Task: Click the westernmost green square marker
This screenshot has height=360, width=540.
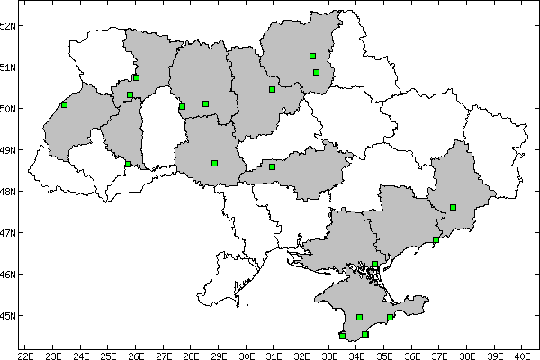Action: [65, 104]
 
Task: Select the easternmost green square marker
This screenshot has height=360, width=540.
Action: [454, 207]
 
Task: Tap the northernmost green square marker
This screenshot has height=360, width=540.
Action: [312, 56]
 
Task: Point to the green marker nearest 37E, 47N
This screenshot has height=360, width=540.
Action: [436, 239]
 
